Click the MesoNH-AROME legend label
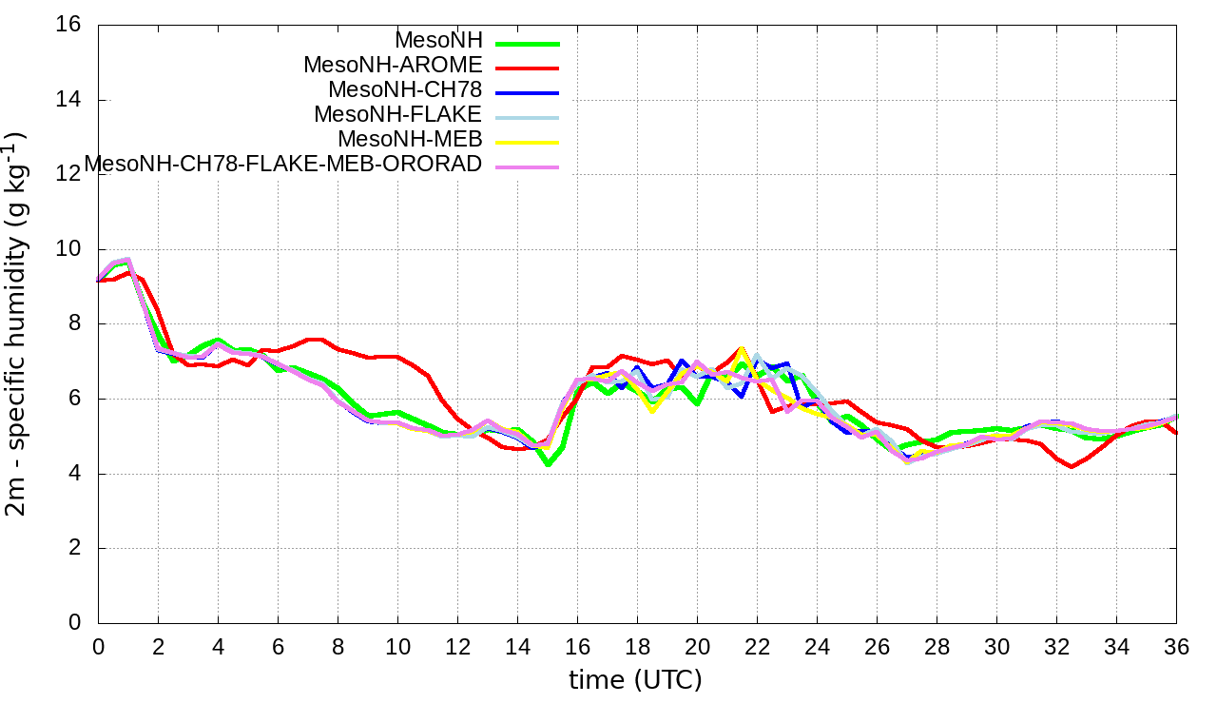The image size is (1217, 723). (x=393, y=66)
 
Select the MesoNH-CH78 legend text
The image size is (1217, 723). (x=405, y=90)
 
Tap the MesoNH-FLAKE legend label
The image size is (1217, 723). (x=398, y=115)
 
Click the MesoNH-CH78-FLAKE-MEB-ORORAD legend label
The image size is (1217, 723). (x=283, y=165)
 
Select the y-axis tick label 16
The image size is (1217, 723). (x=68, y=25)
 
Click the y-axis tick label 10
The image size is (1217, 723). (x=68, y=249)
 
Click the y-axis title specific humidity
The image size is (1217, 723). (x=21, y=323)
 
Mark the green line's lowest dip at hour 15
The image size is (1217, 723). (x=548, y=464)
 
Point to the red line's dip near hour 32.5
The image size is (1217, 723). (x=1072, y=467)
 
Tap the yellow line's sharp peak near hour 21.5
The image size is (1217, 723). (x=742, y=349)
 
